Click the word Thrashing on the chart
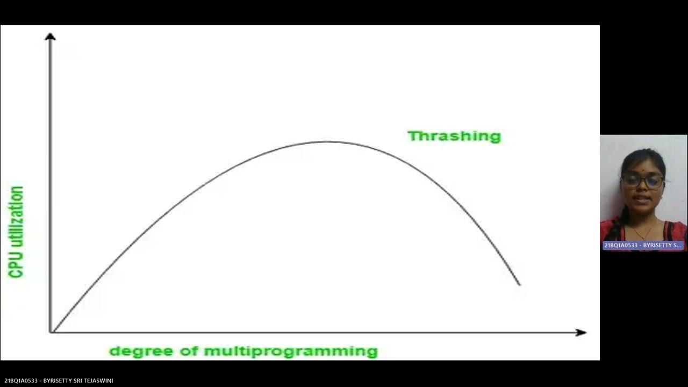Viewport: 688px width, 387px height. coord(454,136)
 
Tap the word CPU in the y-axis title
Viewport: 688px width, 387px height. coord(17,267)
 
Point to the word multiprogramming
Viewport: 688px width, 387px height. coord(291,352)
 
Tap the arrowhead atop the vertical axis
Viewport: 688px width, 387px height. coord(50,37)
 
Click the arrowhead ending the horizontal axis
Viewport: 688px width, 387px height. coord(581,333)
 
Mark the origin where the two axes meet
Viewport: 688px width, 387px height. coord(51,332)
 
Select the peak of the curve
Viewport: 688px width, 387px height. coord(327,142)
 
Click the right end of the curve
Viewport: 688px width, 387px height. coord(519,284)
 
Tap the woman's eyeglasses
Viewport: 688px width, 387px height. coord(642,182)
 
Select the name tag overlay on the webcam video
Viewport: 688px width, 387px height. coord(643,245)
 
